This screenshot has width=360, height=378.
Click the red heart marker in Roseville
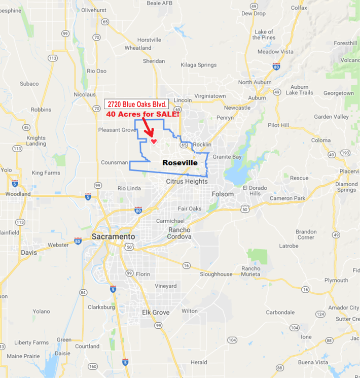(x=154, y=141)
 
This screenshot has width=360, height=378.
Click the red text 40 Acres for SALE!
(x=142, y=115)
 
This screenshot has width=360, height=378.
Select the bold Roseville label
(x=179, y=163)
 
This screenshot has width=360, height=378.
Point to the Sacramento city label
(x=114, y=237)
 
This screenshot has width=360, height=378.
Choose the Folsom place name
(x=223, y=194)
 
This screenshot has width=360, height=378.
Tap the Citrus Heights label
(x=187, y=181)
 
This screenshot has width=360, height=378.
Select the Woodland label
(x=18, y=194)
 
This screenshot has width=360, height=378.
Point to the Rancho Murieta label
(x=250, y=271)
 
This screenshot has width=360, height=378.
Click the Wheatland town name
(x=138, y=48)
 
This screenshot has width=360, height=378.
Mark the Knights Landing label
(x=36, y=141)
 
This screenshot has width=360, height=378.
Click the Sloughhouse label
(x=216, y=274)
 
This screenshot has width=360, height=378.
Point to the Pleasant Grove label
(x=116, y=130)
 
